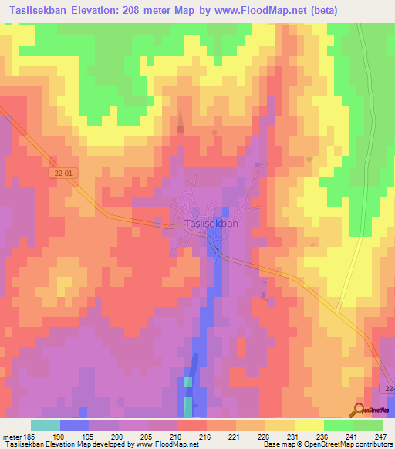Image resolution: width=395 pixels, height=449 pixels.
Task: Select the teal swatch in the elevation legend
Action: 46,425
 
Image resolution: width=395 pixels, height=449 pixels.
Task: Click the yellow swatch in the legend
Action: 309,425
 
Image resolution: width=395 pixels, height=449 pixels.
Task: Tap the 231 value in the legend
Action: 294,436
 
